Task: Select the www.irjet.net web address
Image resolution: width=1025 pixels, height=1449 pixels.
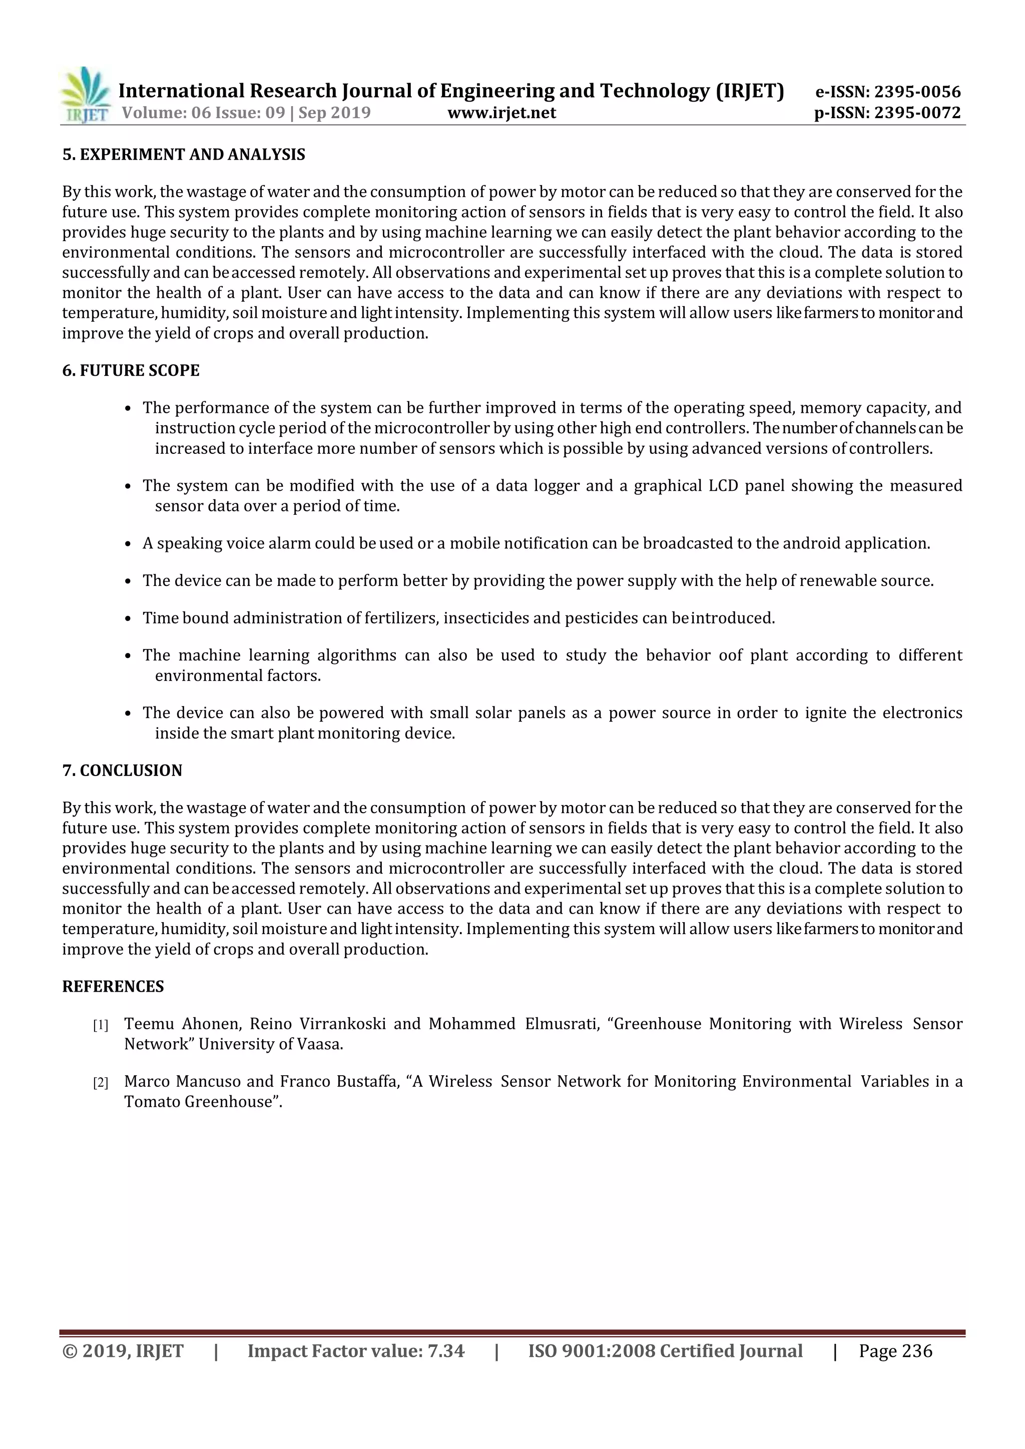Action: click(502, 113)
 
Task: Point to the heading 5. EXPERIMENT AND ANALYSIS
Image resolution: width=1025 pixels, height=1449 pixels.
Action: click(184, 155)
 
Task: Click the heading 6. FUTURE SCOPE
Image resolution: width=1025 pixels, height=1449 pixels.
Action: click(131, 370)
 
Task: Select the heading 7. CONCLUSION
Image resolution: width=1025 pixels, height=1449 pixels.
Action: click(122, 771)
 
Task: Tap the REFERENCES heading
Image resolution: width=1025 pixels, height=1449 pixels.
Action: click(113, 986)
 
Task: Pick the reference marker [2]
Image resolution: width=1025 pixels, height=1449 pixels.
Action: click(101, 1083)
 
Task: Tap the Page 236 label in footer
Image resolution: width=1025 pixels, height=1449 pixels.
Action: click(895, 1351)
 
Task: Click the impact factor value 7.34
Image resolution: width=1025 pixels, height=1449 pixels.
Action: click(445, 1351)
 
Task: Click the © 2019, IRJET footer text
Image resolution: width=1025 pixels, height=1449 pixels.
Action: click(123, 1351)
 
